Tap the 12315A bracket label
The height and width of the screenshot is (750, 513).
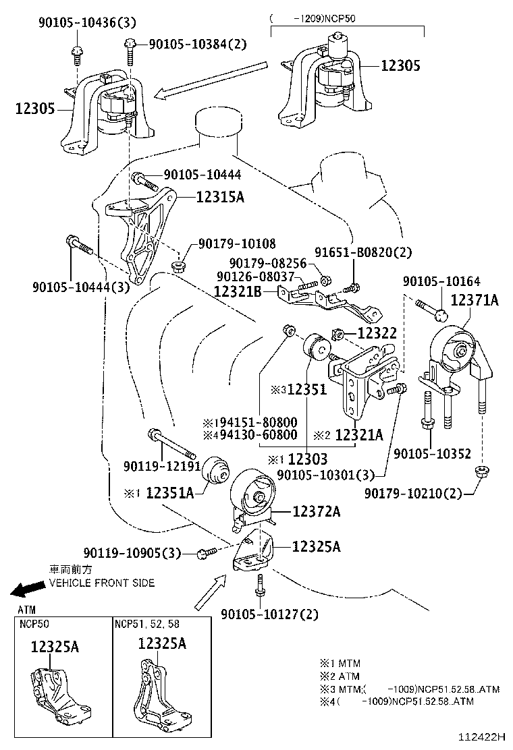pos(220,198)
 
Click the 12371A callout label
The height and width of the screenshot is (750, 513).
pos(474,300)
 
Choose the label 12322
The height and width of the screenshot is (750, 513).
pos(377,333)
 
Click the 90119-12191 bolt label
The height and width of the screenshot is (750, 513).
pos(161,466)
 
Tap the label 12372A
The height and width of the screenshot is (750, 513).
pos(316,512)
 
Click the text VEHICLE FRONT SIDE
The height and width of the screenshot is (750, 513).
pos(102,583)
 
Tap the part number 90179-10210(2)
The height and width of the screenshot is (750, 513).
pos(413,494)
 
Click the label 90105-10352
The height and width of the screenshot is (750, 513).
pos(431,454)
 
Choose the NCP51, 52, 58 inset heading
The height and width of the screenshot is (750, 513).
pos(147,623)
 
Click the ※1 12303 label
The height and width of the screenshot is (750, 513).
pos(297,460)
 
